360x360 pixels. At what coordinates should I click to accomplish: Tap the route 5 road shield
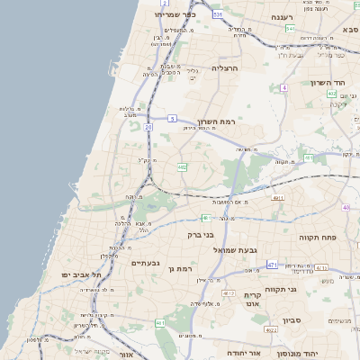coord(172,118)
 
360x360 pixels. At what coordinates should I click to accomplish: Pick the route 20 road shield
coord(148,127)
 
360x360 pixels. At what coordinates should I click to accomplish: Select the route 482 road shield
coord(183,166)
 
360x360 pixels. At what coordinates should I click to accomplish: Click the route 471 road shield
coord(272,265)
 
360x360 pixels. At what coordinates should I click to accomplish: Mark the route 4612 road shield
coord(229,293)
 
